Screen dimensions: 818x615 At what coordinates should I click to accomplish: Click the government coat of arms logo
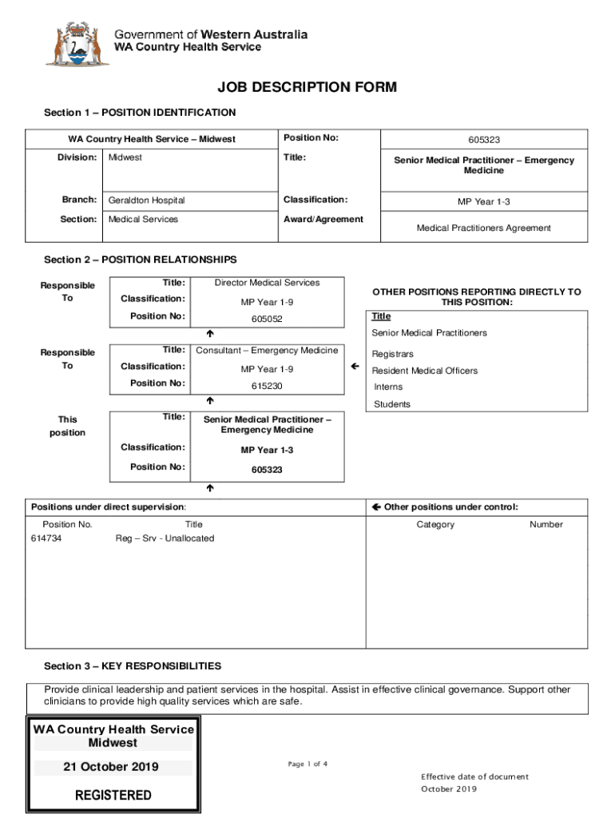tap(77, 44)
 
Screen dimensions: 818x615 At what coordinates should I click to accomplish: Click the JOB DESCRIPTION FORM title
tap(307, 88)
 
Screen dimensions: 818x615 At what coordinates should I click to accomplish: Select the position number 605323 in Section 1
tap(484, 140)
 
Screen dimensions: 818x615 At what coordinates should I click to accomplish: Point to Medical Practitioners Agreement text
tap(483, 228)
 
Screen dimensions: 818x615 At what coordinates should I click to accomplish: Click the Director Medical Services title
tap(267, 283)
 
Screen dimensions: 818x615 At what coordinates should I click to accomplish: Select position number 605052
tap(267, 319)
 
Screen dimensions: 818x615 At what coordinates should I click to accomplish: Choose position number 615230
tap(267, 386)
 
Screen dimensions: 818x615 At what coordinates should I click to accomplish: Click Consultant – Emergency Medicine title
tap(267, 350)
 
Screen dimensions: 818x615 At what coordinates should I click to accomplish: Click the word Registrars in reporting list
tap(392, 354)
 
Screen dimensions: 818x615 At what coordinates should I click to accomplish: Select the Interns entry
tap(388, 387)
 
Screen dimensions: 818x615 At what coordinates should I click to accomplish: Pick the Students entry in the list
tap(391, 404)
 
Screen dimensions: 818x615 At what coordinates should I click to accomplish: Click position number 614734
tap(46, 538)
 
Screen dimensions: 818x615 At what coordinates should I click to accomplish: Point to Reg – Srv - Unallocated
tap(165, 538)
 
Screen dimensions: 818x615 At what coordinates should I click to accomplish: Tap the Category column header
tap(435, 525)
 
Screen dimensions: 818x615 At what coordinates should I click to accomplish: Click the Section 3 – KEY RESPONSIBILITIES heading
tap(133, 666)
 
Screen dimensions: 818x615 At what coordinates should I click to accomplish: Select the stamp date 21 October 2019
tap(111, 768)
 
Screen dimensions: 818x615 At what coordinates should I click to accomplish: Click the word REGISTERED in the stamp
tap(113, 796)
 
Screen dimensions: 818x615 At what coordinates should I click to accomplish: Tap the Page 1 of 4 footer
tap(307, 764)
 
